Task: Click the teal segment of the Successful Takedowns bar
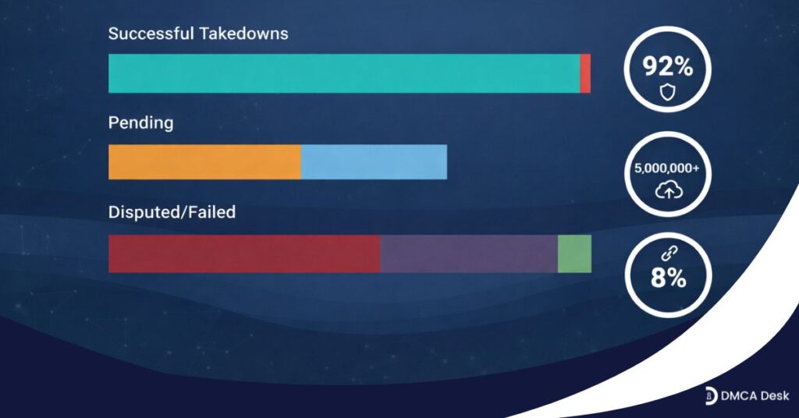pos(343,73)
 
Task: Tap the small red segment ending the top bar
pos(585,73)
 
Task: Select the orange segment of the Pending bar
pos(204,161)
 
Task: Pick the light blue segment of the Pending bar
pos(374,161)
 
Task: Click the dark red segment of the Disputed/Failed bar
pos(243,253)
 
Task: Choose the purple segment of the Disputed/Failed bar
pos(468,253)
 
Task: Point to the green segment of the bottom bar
pos(574,253)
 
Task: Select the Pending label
pos(140,123)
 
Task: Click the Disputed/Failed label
pos(172,212)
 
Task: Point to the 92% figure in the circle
pos(667,67)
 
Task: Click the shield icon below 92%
pos(667,93)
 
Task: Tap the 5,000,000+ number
pos(667,168)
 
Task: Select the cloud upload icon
pos(667,190)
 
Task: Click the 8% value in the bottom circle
pos(668,278)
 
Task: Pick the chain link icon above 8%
pos(667,254)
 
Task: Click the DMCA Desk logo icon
pos(711,395)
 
